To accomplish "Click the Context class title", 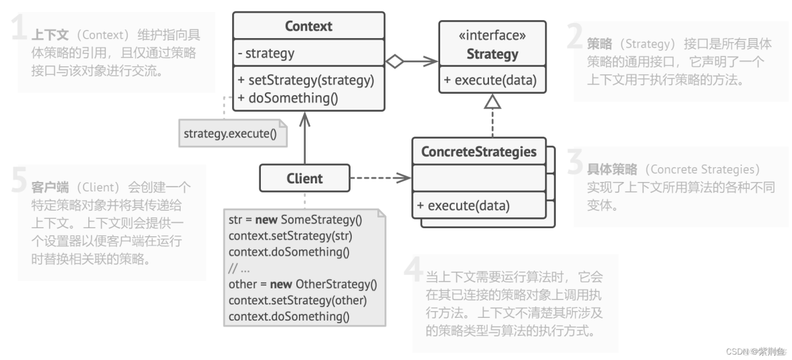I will pyautogui.click(x=308, y=26).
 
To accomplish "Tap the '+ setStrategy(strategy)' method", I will pyautogui.click(x=306, y=80).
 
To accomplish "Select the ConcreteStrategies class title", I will pyautogui.click(x=478, y=152).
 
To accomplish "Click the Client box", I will pyautogui.click(x=304, y=178).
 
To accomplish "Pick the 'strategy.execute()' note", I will pyautogui.click(x=229, y=134).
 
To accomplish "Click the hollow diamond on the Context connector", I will pyautogui.click(x=395, y=62).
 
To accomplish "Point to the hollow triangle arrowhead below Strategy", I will pyautogui.click(x=492, y=101).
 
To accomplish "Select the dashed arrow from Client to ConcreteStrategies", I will pyautogui.click(x=379, y=178).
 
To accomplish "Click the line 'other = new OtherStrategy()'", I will pyautogui.click(x=303, y=284).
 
